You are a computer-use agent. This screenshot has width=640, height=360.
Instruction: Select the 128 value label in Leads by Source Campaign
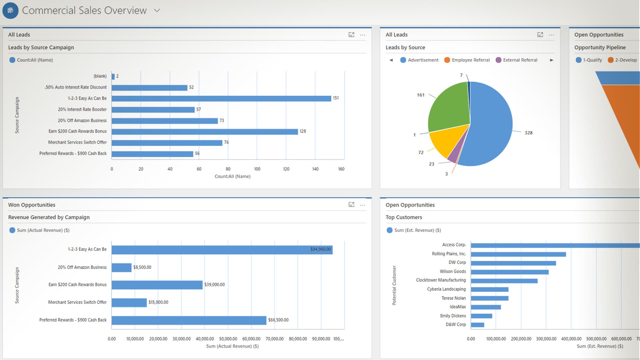[x=303, y=131]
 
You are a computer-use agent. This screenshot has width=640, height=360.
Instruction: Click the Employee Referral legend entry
[x=470, y=60]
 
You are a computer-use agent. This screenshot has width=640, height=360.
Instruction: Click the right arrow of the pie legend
[x=552, y=60]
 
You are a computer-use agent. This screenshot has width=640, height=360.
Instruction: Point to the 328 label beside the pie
[x=528, y=133]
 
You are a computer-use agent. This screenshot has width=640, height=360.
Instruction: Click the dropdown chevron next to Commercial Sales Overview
[x=157, y=10]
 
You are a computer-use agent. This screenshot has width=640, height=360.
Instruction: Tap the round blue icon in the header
[x=10, y=10]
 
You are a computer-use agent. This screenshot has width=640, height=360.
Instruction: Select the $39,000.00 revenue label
[x=214, y=285]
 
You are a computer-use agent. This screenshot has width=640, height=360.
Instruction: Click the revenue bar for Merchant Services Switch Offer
[x=129, y=302]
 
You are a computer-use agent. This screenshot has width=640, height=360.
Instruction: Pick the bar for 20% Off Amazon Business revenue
[x=121, y=267]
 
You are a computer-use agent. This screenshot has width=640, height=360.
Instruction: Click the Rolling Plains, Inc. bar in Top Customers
[x=518, y=254]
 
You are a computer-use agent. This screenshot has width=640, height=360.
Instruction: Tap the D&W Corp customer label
[x=456, y=324]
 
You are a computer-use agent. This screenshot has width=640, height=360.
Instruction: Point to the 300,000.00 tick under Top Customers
[x=546, y=339]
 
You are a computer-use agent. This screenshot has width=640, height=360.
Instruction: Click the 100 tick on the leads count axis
[x=257, y=169]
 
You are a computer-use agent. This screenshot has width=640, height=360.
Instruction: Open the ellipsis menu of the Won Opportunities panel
[x=363, y=205]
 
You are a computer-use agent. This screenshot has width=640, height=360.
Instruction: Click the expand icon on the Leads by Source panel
[x=540, y=35]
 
